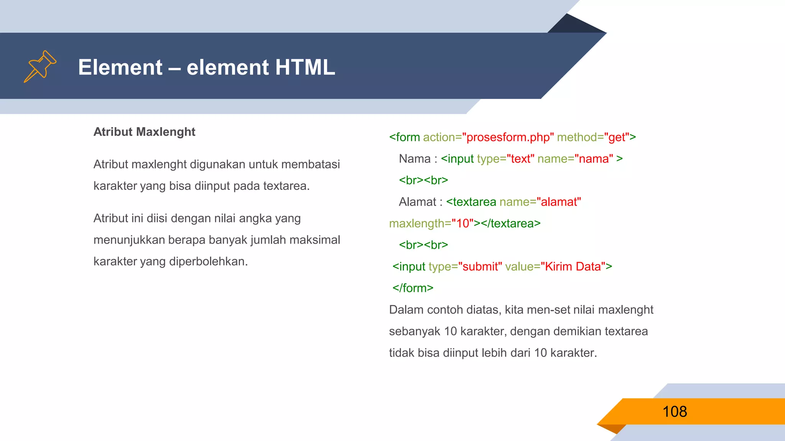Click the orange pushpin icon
40,66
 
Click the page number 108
675,412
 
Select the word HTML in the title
305,67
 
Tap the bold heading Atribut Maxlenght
145,132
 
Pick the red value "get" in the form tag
617,137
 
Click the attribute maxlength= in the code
420,223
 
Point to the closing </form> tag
413,288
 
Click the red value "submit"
480,266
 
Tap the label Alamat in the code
417,202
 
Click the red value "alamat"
559,202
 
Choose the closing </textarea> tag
511,223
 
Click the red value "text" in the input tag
520,158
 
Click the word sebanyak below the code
414,331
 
